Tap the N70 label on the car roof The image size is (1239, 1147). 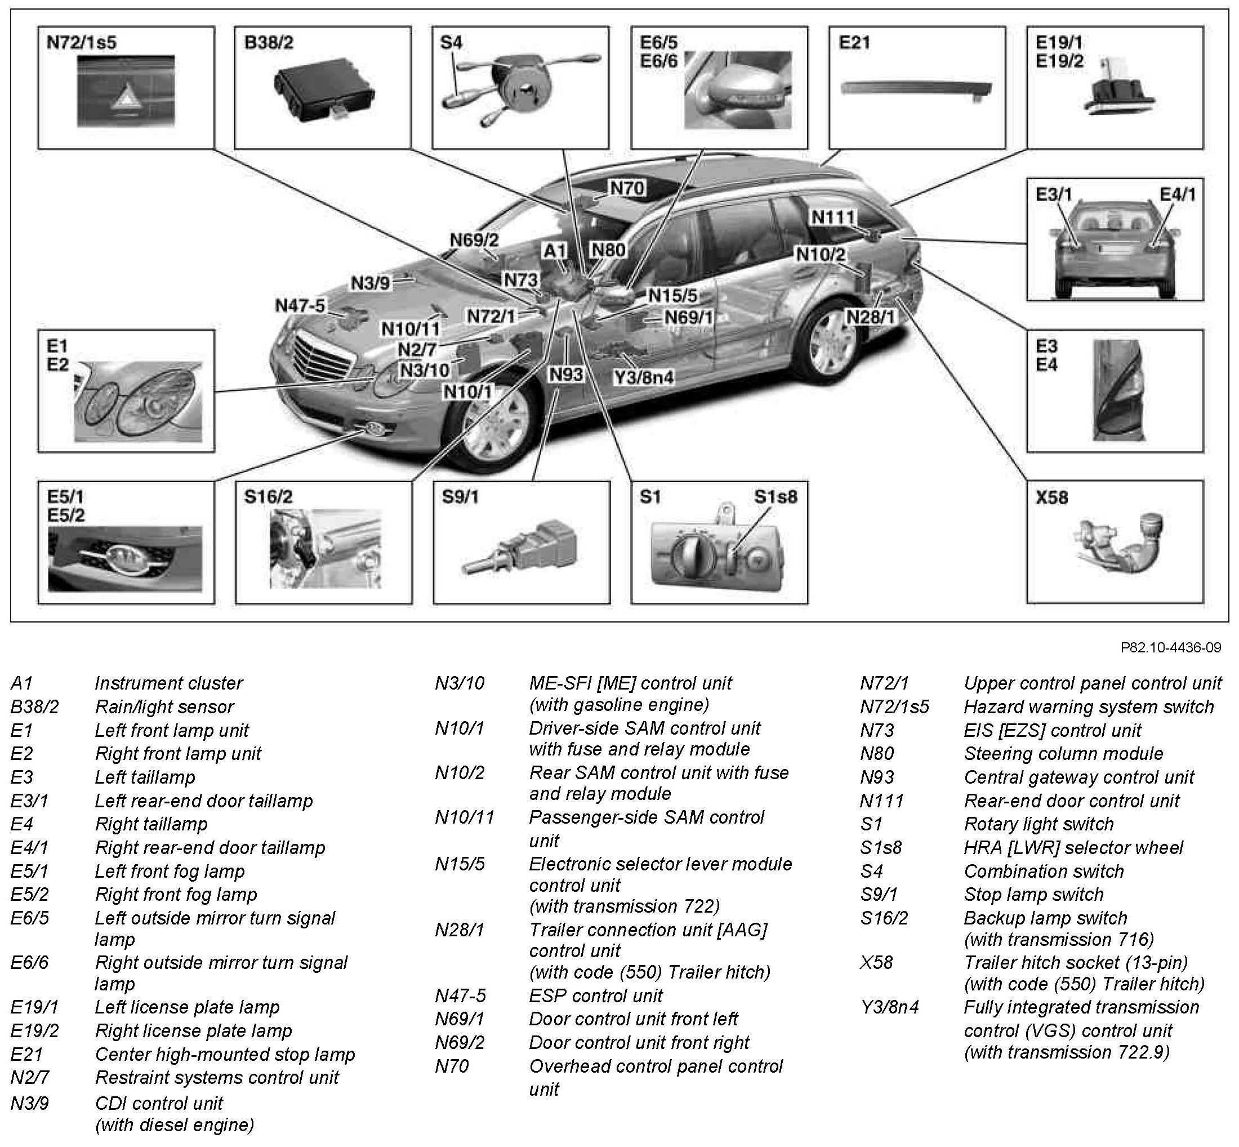pyautogui.click(x=627, y=188)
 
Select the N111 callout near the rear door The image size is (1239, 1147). pyautogui.click(x=832, y=217)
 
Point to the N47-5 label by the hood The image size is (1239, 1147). pyautogui.click(x=300, y=305)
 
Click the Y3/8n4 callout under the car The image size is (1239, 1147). pyautogui.click(x=643, y=377)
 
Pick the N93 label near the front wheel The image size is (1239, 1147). pyautogui.click(x=566, y=374)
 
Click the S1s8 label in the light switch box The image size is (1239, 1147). pyautogui.click(x=775, y=497)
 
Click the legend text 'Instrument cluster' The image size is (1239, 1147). pyautogui.click(x=168, y=683)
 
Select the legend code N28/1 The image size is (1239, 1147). pyautogui.click(x=460, y=930)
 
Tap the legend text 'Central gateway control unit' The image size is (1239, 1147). pyautogui.click(x=1078, y=777)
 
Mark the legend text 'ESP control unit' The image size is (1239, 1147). pyautogui.click(x=596, y=995)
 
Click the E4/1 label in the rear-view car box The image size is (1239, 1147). pyautogui.click(x=1177, y=194)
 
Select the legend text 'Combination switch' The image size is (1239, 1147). pyautogui.click(x=1044, y=871)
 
